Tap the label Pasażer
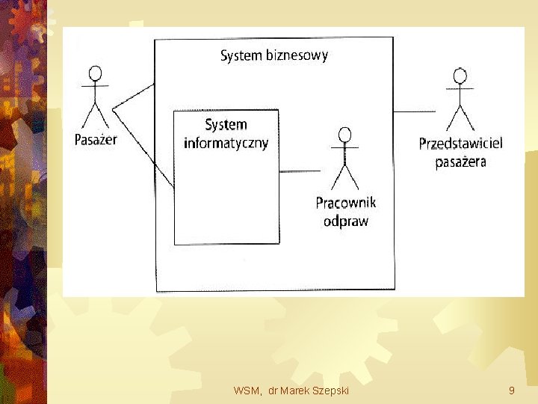(96, 139)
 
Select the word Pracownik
(345, 203)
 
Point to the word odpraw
(345, 221)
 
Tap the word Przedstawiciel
(460, 144)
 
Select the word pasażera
(460, 162)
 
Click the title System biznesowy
(273, 55)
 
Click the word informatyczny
(226, 143)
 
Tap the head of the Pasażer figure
(95, 73)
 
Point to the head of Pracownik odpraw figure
(344, 135)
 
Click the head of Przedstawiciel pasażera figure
(460, 76)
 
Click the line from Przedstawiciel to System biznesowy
(414, 111)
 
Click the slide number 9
(511, 391)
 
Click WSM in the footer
(246, 391)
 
